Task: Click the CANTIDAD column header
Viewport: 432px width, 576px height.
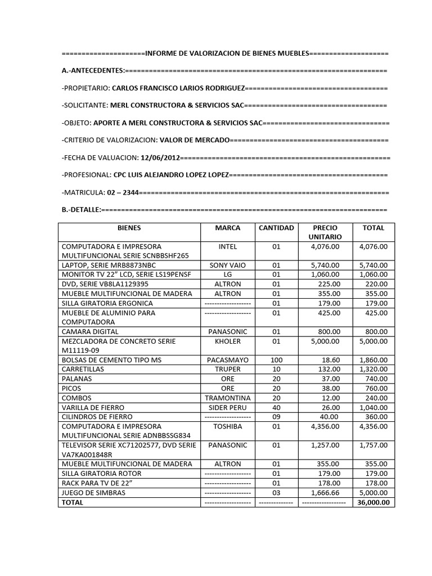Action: pyautogui.click(x=276, y=228)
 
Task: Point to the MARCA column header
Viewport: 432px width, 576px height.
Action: pyautogui.click(x=227, y=228)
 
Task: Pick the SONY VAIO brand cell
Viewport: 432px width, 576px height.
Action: pyautogui.click(x=227, y=265)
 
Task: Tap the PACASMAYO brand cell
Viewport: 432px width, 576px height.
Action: pyautogui.click(x=227, y=359)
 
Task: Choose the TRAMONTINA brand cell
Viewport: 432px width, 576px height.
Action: pyautogui.click(x=227, y=398)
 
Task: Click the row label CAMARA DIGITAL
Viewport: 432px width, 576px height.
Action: pyautogui.click(x=90, y=331)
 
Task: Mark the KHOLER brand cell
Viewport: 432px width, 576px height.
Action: pyautogui.click(x=227, y=341)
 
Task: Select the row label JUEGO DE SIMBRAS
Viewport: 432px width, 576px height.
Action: pyautogui.click(x=93, y=493)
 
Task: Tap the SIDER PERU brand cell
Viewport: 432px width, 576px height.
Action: pyautogui.click(x=227, y=407)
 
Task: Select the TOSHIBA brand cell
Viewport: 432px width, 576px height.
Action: pyautogui.click(x=227, y=426)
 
